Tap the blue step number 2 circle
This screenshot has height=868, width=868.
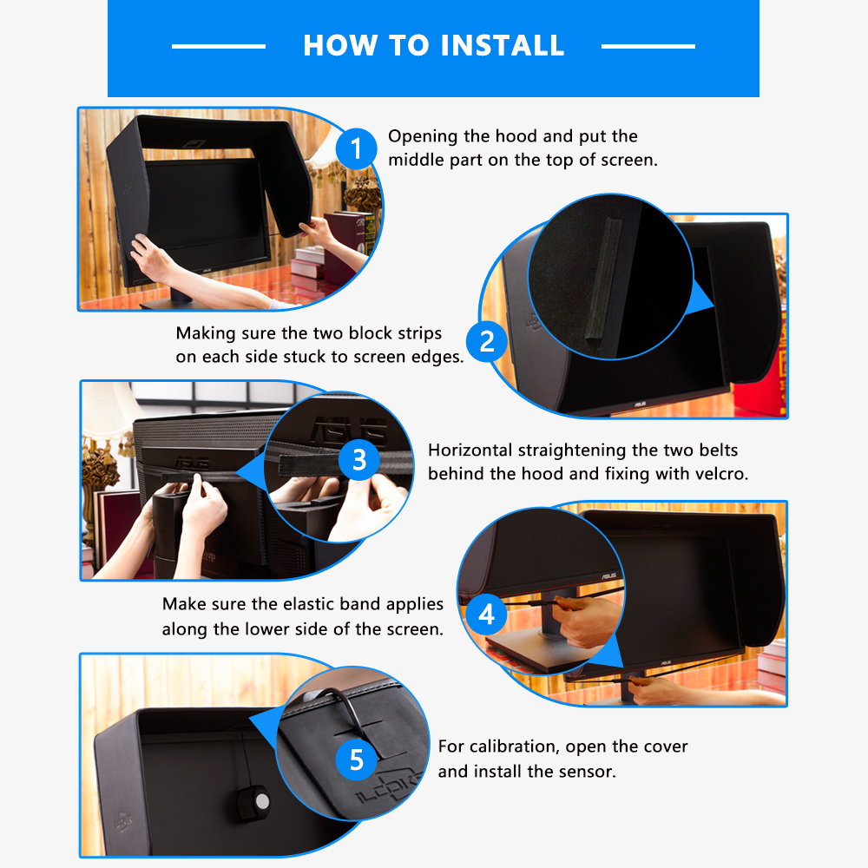coord(487,340)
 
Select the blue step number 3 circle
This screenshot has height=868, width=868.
coord(358,459)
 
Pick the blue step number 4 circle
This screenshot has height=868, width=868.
coord(487,614)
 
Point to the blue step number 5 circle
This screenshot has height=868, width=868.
coord(357,759)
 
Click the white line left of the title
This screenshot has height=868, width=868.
coord(219,46)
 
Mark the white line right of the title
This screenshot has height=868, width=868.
coord(648,46)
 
